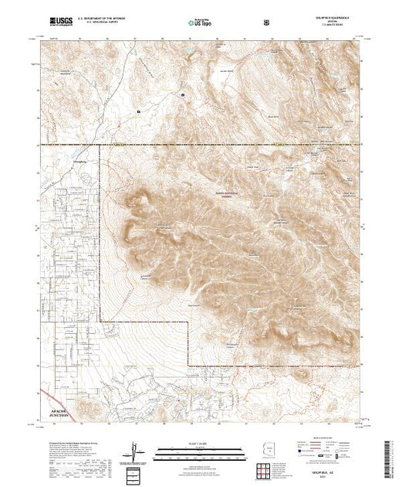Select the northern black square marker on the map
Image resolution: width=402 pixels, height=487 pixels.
183,94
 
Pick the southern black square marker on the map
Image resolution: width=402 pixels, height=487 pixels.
139,111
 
